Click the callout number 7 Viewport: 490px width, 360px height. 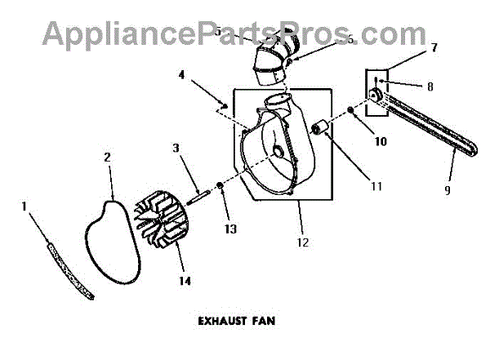[x=434, y=47]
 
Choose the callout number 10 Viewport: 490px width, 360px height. [x=357, y=140]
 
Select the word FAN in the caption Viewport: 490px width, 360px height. [x=262, y=321]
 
